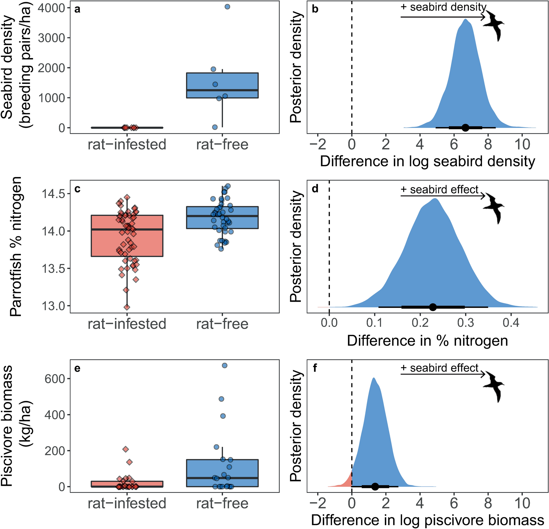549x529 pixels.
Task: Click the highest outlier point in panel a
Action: (227, 7)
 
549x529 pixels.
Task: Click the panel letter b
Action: (315, 9)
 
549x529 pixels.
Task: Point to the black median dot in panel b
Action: (465, 128)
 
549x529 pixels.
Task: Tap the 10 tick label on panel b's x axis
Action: (522, 145)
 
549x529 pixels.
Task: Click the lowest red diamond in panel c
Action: (127, 307)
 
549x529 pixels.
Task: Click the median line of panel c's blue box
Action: (222, 216)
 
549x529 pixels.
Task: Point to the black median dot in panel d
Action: (433, 307)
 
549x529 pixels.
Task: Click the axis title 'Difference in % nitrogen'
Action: (428, 341)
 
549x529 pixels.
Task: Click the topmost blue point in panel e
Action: (224, 365)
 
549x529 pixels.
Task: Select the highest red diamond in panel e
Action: (126, 449)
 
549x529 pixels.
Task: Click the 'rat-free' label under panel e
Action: (222, 503)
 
